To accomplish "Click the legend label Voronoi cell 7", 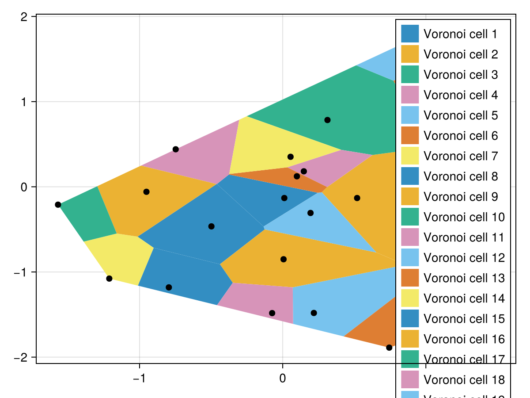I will [x=461, y=156].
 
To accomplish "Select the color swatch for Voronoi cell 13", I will [x=409, y=278].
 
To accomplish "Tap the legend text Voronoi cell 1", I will [x=461, y=34].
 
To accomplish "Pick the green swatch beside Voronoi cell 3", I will [x=409, y=75].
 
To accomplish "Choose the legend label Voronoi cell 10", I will [x=464, y=217].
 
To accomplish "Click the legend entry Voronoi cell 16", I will [x=464, y=339].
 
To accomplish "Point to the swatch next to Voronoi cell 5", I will [x=409, y=115].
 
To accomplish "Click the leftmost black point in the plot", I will [x=58, y=204].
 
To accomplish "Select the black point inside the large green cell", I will [x=327, y=120].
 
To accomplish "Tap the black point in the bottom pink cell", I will [x=272, y=313].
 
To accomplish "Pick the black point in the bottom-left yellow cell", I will [x=109, y=278].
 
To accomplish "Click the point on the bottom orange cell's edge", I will [x=389, y=348].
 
